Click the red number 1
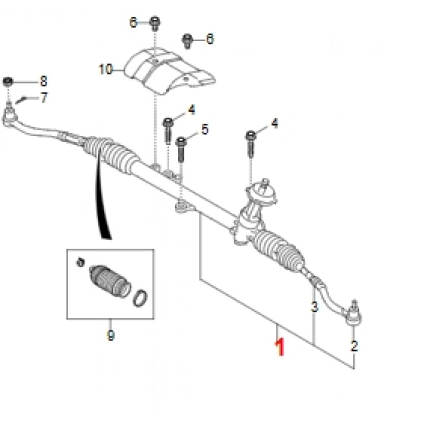point(280,347)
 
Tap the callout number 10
point(106,69)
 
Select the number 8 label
point(43,81)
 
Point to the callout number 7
point(44,97)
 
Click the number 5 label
point(205,129)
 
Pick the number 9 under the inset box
point(111,336)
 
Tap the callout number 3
point(315,307)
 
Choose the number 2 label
point(354,346)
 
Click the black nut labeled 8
point(8,81)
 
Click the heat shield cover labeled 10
point(169,70)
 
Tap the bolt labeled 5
point(181,149)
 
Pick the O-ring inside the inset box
point(140,298)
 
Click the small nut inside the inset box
point(80,262)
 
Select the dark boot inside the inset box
point(109,281)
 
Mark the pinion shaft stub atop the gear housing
point(265,183)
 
